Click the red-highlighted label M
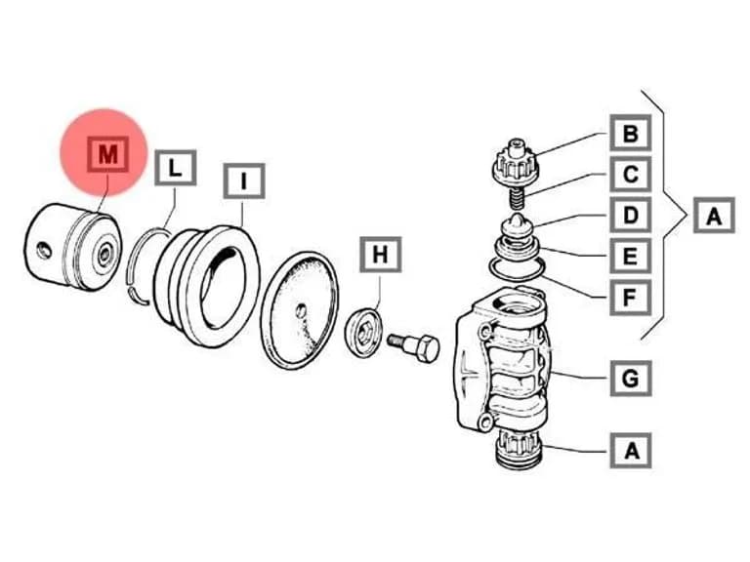coord(107,154)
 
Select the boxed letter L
coord(175,168)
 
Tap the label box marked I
coord(244,181)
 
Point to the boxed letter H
coord(380,255)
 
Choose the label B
coord(631,133)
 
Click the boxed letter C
coord(631,174)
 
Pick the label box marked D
coord(631,215)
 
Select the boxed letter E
coord(631,257)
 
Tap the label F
coord(631,298)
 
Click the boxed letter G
coord(631,379)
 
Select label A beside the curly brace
coord(714,216)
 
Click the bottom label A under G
coord(631,451)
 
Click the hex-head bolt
coord(414,347)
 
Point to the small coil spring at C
coord(516,197)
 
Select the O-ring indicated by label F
coord(517,268)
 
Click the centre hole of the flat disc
coord(301,311)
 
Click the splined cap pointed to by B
coord(516,163)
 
